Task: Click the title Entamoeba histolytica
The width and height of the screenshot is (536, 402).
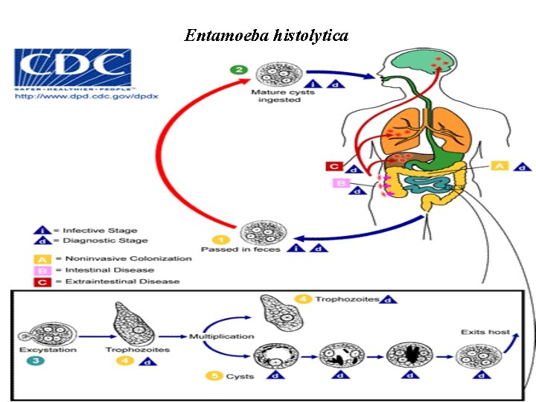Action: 267,35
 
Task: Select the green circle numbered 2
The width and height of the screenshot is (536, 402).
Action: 239,69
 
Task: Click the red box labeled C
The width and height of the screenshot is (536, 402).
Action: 334,167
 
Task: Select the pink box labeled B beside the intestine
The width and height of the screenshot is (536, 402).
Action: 341,183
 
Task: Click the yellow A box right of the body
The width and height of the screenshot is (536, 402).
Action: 499,165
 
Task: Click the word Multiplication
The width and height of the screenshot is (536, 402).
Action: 221,336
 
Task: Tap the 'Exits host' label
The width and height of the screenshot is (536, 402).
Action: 485,332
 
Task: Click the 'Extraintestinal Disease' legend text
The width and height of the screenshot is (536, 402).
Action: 121,281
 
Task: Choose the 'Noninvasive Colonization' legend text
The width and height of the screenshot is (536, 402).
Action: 127,258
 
